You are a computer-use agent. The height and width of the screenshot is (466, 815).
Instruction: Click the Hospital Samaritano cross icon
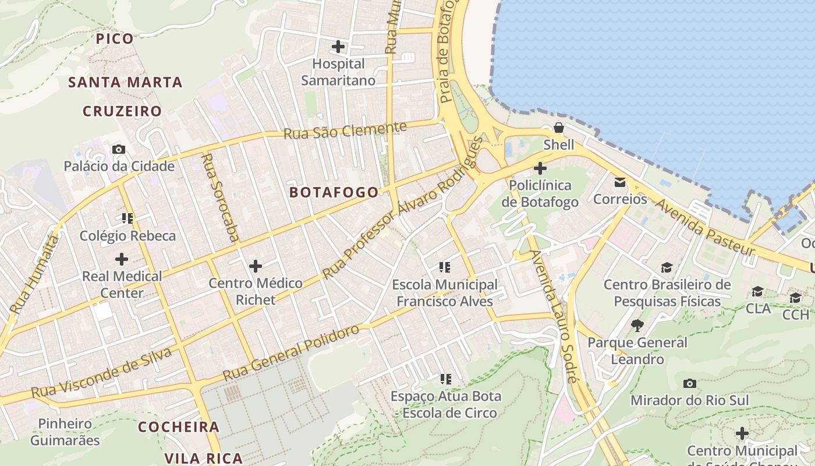338,47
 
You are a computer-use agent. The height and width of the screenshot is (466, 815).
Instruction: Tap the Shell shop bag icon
559,127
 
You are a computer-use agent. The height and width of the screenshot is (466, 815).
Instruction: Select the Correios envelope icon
620,182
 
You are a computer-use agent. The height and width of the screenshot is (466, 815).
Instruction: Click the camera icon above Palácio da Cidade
119,150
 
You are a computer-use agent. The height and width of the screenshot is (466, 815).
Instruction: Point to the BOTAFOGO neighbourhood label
334,193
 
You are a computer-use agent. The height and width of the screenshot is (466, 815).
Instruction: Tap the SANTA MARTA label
125,82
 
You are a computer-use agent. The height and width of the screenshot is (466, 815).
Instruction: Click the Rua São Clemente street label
345,130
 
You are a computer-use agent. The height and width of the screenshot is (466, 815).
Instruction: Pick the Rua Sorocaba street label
221,197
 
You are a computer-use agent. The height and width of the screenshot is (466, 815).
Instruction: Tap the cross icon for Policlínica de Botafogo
540,169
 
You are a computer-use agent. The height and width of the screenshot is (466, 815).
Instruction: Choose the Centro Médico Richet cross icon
256,267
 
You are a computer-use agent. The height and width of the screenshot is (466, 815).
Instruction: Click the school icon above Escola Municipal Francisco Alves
445,268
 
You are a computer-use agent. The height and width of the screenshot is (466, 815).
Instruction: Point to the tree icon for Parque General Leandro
637,325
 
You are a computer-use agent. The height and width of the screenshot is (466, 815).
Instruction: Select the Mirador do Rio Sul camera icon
690,383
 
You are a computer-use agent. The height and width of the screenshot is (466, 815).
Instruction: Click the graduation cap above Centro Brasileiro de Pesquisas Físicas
667,267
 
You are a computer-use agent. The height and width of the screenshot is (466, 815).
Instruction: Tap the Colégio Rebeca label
127,236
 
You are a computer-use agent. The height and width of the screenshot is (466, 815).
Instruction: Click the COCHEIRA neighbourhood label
179,427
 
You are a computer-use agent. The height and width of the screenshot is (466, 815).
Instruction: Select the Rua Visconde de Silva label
102,373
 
